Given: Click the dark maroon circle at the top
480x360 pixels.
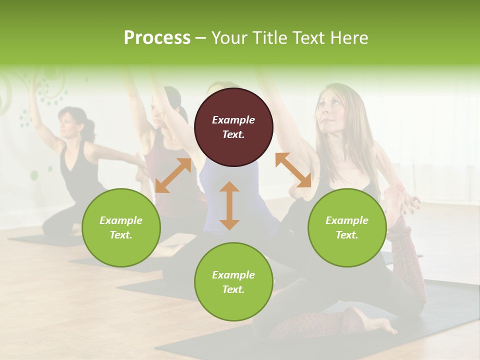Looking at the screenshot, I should pyautogui.click(x=233, y=127).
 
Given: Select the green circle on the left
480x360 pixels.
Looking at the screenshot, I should pyautogui.click(x=121, y=227).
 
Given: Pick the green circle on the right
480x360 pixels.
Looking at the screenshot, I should pyautogui.click(x=347, y=227).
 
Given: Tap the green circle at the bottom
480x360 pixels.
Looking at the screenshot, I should pyautogui.click(x=233, y=282).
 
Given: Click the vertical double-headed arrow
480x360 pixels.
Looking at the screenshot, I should pyautogui.click(x=229, y=205).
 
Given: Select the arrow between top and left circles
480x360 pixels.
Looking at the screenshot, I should pyautogui.click(x=173, y=175).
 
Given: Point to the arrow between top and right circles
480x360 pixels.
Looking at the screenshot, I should pyautogui.click(x=293, y=170).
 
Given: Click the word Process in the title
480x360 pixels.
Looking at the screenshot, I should pyautogui.click(x=157, y=37).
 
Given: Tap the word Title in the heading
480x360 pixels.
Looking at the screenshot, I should pyautogui.click(x=266, y=37).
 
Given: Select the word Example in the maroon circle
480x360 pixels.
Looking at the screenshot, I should pyautogui.click(x=233, y=120).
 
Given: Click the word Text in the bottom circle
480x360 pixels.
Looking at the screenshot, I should pyautogui.click(x=233, y=289).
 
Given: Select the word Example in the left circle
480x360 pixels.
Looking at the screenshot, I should pyautogui.click(x=121, y=220).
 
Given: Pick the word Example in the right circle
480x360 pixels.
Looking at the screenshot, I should pyautogui.click(x=347, y=220).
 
